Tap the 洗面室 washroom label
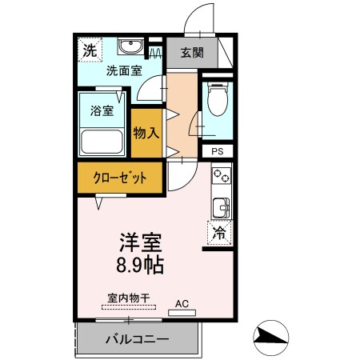pos(125,70)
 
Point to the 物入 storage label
pos(146,134)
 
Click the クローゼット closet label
pos(119,178)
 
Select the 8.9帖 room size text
pos(142,264)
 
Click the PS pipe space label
pos(216,150)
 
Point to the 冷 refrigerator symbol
pos(220,234)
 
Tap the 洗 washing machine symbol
pos(90,50)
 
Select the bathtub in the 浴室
pos(102,143)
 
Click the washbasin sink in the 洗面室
pos(129,46)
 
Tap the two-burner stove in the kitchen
pos(221,177)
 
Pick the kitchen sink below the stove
pos(221,206)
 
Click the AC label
pos(182,303)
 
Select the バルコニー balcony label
pos(138,339)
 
